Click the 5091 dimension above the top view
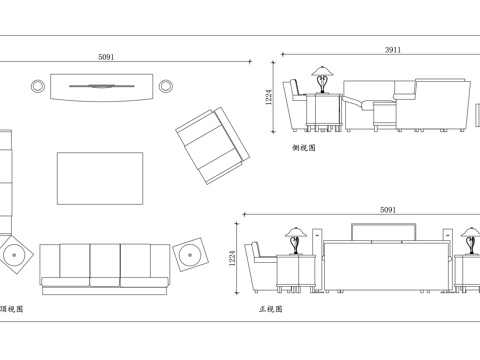click(x=106, y=57)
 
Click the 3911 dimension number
click(x=393, y=50)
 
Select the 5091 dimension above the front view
click(x=388, y=210)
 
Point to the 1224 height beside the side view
click(x=269, y=97)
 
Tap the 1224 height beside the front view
click(x=232, y=258)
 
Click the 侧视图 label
click(x=304, y=148)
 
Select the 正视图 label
click(x=271, y=309)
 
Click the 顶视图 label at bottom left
click(x=12, y=309)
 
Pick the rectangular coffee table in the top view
click(x=100, y=178)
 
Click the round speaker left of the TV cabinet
click(x=38, y=86)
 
